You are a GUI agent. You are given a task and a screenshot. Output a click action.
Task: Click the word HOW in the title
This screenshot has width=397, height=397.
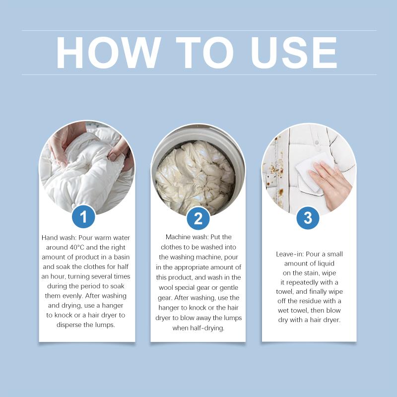coord(109,53)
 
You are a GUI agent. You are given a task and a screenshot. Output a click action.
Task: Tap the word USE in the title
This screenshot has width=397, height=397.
coord(294,53)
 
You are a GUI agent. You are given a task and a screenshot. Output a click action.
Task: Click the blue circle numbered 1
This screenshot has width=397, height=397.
coord(83,217)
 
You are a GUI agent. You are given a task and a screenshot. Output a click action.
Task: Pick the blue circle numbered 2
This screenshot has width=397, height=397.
coord(198,218)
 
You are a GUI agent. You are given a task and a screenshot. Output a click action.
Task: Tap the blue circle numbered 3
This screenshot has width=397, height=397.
coord(308,218)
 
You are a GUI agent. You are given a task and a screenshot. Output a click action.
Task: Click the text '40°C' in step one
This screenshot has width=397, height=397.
coord(75,247)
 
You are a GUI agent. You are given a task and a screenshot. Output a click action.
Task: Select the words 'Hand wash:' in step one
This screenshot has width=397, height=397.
coord(59,238)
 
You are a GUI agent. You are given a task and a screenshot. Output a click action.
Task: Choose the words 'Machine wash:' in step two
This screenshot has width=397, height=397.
coord(187,237)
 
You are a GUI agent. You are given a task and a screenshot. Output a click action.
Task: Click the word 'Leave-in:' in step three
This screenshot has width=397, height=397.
coord(290,254)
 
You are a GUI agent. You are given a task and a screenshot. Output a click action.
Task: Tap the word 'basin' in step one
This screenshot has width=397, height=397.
coord(122,257)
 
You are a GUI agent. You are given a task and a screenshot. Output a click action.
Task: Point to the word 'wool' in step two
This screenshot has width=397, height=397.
coord(166,288)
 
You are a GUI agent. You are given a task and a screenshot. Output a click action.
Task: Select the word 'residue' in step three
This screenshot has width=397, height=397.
coord(318,301)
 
